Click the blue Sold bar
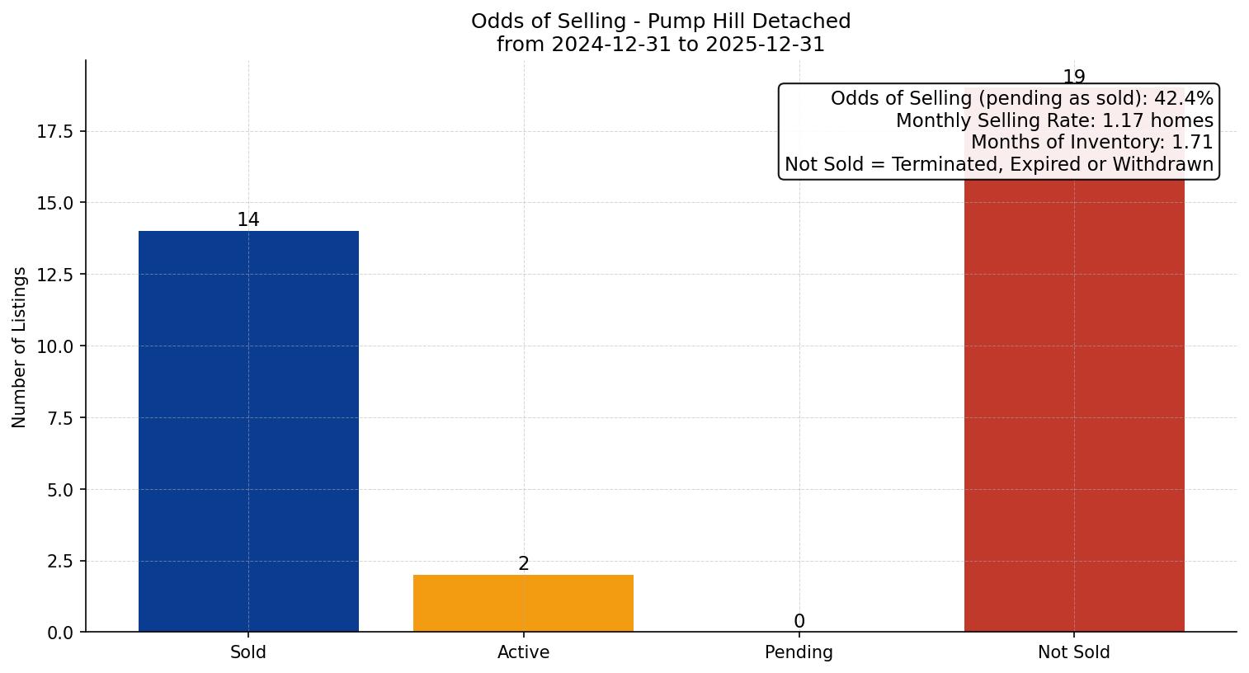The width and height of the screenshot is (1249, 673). [x=248, y=431]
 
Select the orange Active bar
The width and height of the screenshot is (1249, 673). [x=523, y=603]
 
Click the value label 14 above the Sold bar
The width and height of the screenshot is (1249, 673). [x=248, y=220]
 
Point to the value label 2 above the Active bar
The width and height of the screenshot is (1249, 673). [x=524, y=564]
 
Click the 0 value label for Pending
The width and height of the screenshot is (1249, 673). [x=799, y=622]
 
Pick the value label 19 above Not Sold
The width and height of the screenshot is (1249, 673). [x=1074, y=78]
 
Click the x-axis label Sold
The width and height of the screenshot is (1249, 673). [x=248, y=652]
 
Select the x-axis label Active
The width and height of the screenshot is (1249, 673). [x=523, y=652]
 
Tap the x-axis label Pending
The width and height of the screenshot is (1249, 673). [x=799, y=652]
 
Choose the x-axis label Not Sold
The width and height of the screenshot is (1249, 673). [x=1074, y=652]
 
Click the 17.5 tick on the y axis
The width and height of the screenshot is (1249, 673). [x=55, y=132]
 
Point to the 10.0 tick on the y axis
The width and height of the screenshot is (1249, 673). [x=55, y=346]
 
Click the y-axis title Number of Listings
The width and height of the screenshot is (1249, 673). [x=20, y=346]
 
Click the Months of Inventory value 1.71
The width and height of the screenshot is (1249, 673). [x=1192, y=142]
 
